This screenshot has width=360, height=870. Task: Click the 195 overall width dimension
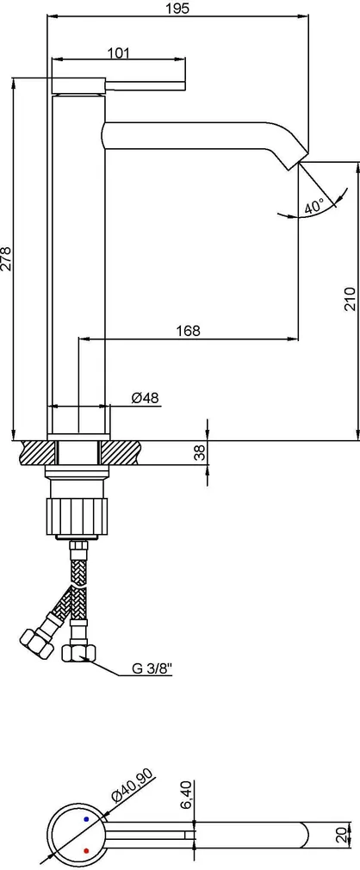click(x=177, y=9)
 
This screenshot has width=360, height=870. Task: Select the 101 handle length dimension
click(x=118, y=53)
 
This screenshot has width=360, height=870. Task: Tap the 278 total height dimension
click(x=7, y=259)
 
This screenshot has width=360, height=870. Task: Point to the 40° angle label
click(x=313, y=207)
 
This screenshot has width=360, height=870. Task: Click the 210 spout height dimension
click(x=350, y=299)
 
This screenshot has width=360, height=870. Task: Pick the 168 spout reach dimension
click(x=188, y=331)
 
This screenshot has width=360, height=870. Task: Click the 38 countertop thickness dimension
click(x=202, y=453)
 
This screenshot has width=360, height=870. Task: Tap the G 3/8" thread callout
click(x=152, y=668)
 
